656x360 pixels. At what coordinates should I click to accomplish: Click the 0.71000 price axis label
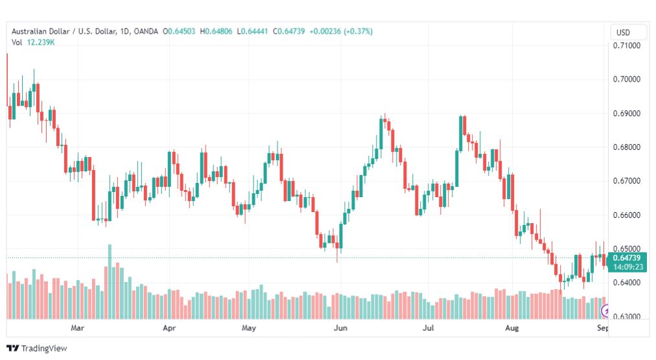(626, 45)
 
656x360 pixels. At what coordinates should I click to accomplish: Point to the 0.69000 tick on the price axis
(626, 114)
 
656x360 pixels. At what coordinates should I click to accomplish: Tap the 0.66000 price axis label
(626, 215)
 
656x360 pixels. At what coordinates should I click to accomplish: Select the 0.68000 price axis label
(626, 147)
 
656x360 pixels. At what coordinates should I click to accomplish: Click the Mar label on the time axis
(77, 328)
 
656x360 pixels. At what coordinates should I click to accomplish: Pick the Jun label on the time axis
(340, 328)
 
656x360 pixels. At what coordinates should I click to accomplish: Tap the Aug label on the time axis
(511, 328)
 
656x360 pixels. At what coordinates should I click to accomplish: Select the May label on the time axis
(248, 328)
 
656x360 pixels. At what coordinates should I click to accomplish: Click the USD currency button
(623, 32)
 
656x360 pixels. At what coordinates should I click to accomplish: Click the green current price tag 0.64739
(627, 258)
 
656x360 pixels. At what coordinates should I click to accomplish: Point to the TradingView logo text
(44, 348)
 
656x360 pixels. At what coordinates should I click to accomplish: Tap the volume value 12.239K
(41, 42)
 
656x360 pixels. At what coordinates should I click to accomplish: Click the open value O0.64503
(179, 31)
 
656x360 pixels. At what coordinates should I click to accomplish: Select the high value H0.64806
(216, 31)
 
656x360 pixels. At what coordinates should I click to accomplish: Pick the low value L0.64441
(252, 31)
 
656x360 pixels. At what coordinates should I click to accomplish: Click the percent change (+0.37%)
(358, 31)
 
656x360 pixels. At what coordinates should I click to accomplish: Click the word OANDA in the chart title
(146, 31)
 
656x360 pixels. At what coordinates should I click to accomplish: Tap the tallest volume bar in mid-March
(110, 282)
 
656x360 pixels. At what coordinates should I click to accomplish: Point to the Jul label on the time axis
(428, 328)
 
